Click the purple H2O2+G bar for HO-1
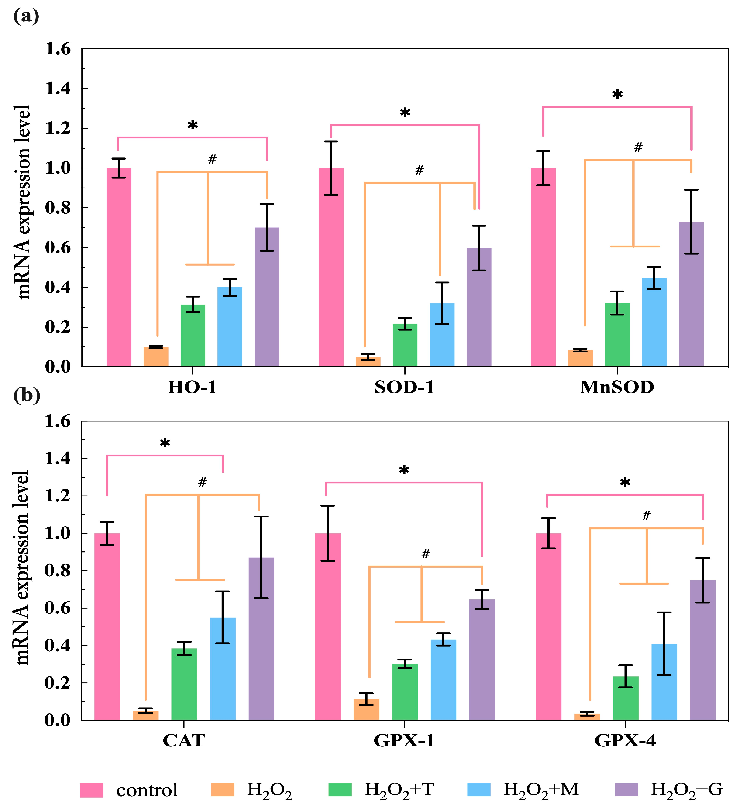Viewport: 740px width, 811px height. point(267,298)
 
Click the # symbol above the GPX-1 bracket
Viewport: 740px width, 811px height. point(425,554)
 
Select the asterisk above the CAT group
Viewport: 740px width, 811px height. point(165,444)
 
